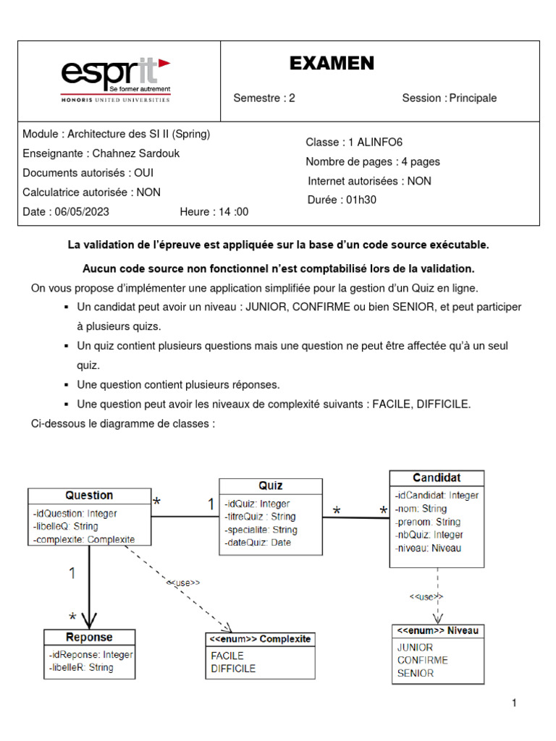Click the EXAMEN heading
point(332,64)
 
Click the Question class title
point(89,496)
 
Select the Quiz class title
point(271,486)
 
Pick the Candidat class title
point(437,478)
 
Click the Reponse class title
point(89,638)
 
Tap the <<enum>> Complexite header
point(260,639)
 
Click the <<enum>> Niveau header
point(437,631)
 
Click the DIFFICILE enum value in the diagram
point(233,669)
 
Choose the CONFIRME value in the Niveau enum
point(423,660)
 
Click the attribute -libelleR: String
point(81,668)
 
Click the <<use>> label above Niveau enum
point(426,596)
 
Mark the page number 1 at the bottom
point(514,703)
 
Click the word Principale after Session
point(473,98)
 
